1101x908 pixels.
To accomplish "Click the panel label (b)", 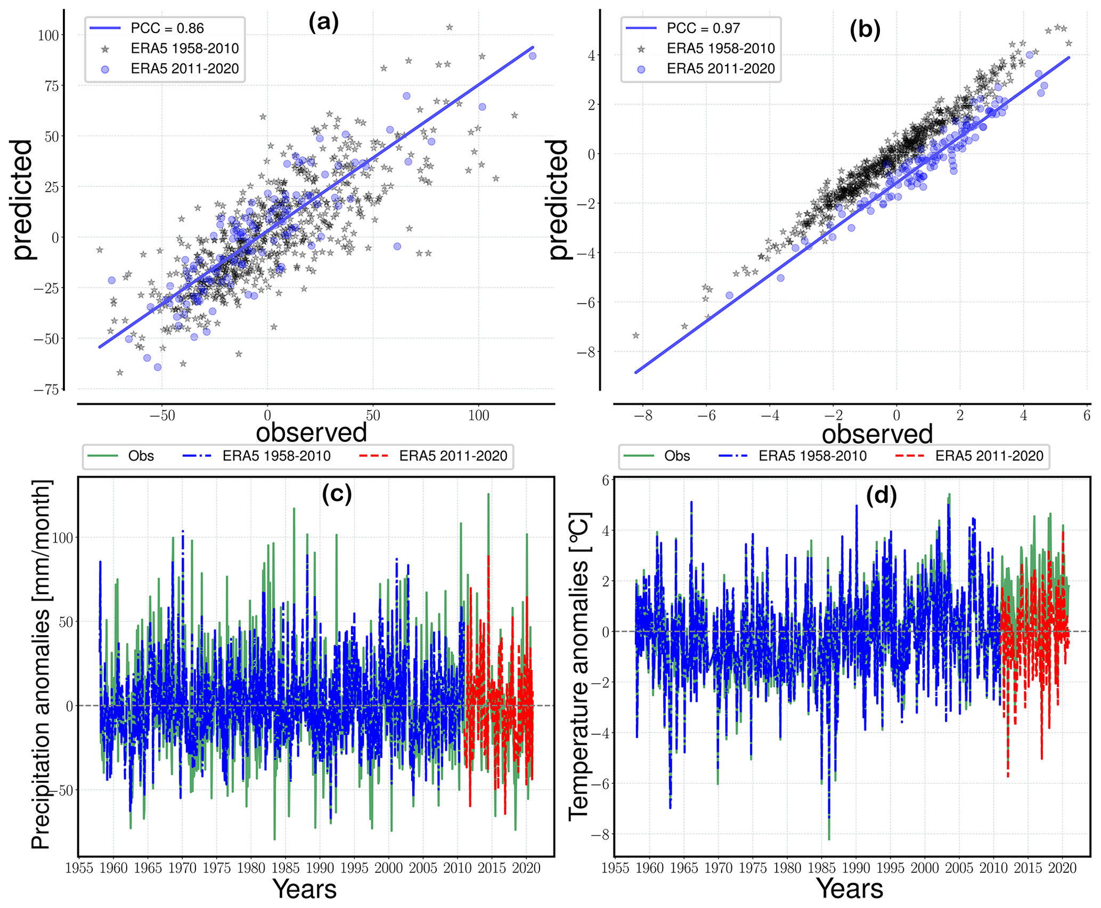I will [x=865, y=29].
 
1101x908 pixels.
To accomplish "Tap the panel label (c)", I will [x=337, y=494].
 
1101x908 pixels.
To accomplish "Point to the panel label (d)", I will [x=882, y=496].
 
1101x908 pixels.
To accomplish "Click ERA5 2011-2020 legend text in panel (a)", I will [x=184, y=69].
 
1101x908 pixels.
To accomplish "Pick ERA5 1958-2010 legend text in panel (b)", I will [x=720, y=48].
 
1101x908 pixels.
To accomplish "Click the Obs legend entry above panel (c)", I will [x=141, y=456].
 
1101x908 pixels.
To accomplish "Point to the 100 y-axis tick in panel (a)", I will [x=48, y=36].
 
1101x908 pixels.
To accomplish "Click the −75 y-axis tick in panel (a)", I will [x=46, y=390].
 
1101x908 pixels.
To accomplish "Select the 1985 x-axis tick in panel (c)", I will [x=285, y=868].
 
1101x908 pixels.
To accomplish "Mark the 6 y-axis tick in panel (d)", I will [x=606, y=481].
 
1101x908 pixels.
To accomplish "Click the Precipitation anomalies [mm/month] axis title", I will [x=41, y=664].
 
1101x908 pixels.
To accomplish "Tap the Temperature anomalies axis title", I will [x=579, y=666].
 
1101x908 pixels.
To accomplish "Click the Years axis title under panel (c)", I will [x=304, y=889].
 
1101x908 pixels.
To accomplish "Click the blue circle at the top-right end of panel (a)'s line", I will [x=532, y=56].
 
